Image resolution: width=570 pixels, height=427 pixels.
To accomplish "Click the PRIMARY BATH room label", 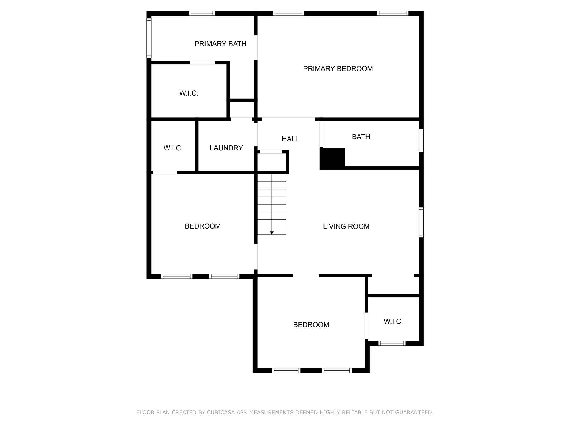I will click(x=220, y=44).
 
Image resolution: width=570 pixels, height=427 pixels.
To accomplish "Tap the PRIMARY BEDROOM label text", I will click(x=338, y=69).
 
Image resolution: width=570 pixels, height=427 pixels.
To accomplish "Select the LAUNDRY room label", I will click(x=226, y=148).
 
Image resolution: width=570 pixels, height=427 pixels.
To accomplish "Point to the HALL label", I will click(x=290, y=139).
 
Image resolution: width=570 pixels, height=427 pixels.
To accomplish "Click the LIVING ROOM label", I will click(x=346, y=227).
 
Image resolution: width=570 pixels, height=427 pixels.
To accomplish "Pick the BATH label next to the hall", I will click(x=361, y=137).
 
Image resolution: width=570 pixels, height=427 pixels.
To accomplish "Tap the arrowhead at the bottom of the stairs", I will click(x=272, y=233).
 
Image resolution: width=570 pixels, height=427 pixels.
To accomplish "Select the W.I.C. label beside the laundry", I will click(x=173, y=148).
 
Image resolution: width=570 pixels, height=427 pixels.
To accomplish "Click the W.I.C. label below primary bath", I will click(x=189, y=93).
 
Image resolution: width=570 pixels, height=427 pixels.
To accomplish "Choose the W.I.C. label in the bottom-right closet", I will click(x=393, y=322).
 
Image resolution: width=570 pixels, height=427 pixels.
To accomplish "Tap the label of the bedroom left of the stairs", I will click(x=203, y=226).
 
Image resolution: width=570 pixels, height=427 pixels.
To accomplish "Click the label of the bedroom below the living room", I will click(x=311, y=325).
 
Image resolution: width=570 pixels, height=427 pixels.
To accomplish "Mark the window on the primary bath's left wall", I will click(x=149, y=38).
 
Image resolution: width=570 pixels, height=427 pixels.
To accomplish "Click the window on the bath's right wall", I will click(x=421, y=141).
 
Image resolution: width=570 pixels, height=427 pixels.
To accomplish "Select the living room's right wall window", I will click(x=421, y=222).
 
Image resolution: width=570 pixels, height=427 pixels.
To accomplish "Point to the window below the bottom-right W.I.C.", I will click(x=391, y=343).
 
